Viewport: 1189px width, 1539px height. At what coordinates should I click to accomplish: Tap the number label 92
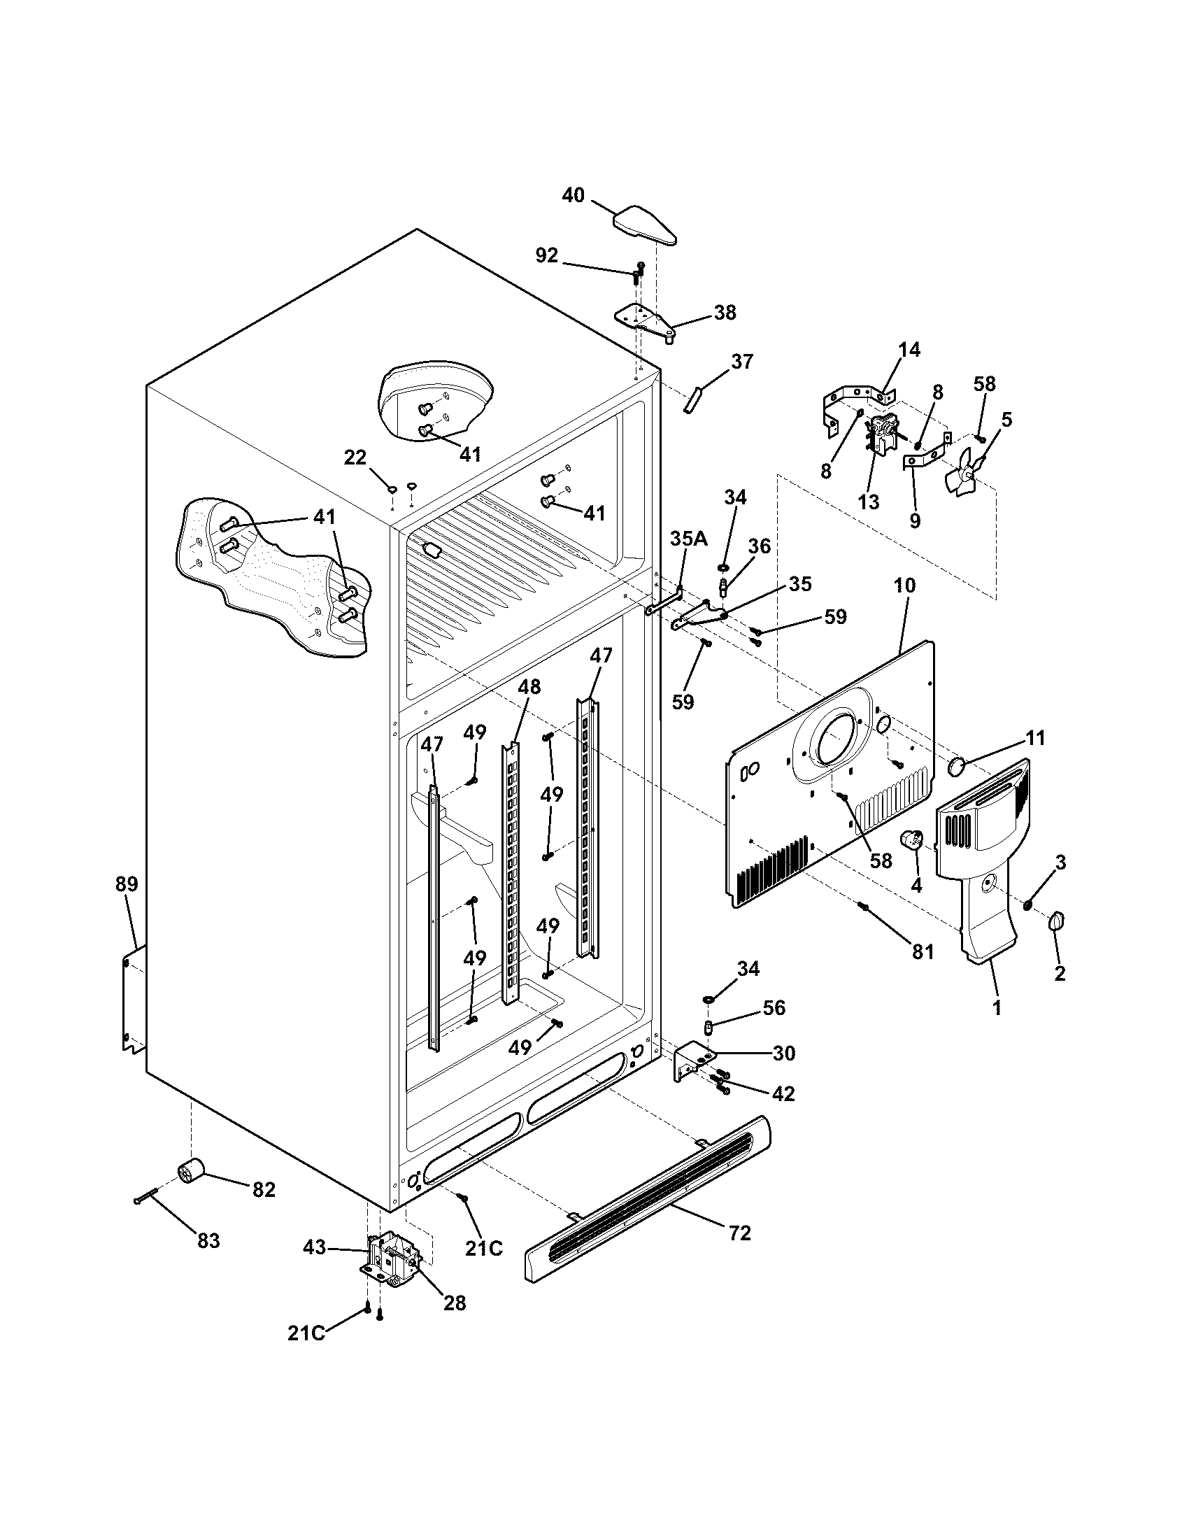tap(547, 256)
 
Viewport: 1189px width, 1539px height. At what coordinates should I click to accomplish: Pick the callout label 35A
tap(689, 539)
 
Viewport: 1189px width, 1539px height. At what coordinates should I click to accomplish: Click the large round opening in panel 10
tap(836, 739)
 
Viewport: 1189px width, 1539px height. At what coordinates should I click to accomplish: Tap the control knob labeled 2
tap(1058, 921)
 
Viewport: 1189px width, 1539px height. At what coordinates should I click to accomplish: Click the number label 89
tap(127, 884)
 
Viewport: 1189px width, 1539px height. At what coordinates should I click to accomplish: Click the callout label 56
tap(774, 1007)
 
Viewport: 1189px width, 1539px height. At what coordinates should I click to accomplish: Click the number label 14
tap(909, 350)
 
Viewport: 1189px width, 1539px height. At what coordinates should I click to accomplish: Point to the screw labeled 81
tap(862, 906)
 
